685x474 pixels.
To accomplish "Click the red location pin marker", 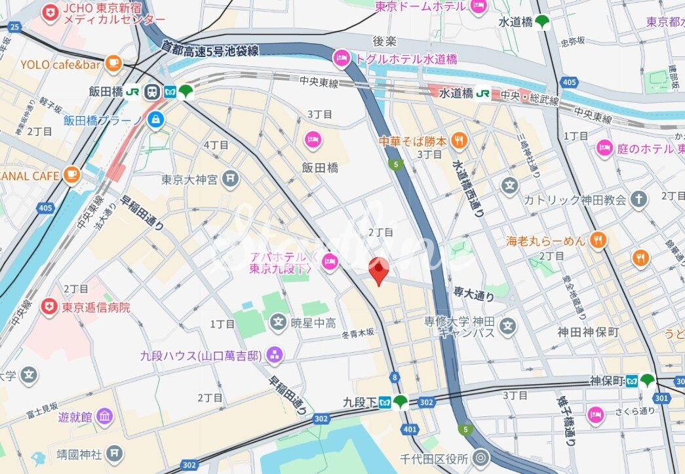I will coord(378,271).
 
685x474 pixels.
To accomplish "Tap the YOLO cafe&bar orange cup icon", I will coord(113,64).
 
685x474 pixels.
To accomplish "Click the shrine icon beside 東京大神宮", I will coord(229,178).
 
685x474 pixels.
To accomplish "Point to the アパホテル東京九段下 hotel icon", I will coord(329,262).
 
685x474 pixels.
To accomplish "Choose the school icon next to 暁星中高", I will coord(279,322).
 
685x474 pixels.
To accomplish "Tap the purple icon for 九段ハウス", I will coord(275,355).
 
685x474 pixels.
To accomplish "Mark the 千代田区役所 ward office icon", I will coord(482,457).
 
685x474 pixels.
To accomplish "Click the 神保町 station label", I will coord(604,380).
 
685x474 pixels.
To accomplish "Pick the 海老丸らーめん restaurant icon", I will coord(597,241).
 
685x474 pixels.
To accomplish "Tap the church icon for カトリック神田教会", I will coord(639,199).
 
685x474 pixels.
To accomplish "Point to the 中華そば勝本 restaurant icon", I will coord(460,140).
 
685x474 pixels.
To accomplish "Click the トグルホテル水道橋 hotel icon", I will coord(342,59).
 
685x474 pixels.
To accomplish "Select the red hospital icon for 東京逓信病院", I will coord(49,306).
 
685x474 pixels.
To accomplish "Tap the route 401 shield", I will coord(410,429).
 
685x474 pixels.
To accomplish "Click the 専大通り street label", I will coord(473,295).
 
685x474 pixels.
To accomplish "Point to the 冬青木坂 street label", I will coord(359,333).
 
